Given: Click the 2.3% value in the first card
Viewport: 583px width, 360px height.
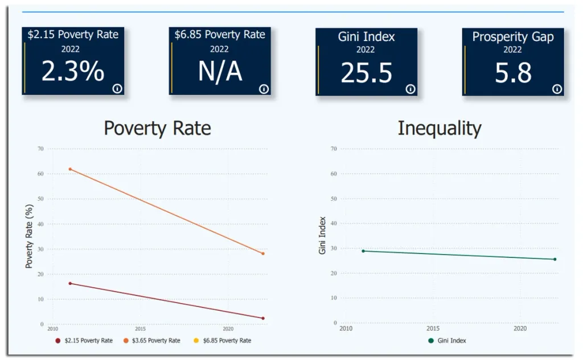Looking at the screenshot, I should point(73,72).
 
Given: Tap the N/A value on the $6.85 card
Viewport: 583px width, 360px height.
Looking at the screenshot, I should point(220,72).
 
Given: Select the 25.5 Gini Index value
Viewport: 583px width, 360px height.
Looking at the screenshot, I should point(366,73).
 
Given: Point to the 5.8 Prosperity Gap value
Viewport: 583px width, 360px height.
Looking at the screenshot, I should point(513,73).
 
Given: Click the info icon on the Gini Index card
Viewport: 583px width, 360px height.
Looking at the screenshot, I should point(410,89).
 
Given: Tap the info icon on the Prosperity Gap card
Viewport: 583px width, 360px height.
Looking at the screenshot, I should point(557,89).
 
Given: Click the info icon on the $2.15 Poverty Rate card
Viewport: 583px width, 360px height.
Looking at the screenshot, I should point(117,88).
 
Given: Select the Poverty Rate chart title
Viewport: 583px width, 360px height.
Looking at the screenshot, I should point(157,128).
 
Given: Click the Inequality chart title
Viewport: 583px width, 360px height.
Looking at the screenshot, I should point(439,128).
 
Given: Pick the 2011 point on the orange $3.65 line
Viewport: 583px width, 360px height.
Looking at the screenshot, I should point(70,169).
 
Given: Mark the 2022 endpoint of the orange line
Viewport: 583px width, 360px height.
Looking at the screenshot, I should point(263,253).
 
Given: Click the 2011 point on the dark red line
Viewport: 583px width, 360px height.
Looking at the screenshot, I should point(70,283).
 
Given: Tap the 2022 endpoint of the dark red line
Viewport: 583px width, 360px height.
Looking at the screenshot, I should point(263,318).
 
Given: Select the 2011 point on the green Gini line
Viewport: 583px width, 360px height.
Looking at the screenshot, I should point(363,251).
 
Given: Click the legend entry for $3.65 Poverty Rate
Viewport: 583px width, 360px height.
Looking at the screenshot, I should point(151,341).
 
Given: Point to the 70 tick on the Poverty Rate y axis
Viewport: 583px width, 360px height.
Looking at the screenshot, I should point(40,149).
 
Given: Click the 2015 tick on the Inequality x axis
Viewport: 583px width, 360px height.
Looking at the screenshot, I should point(433,329).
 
